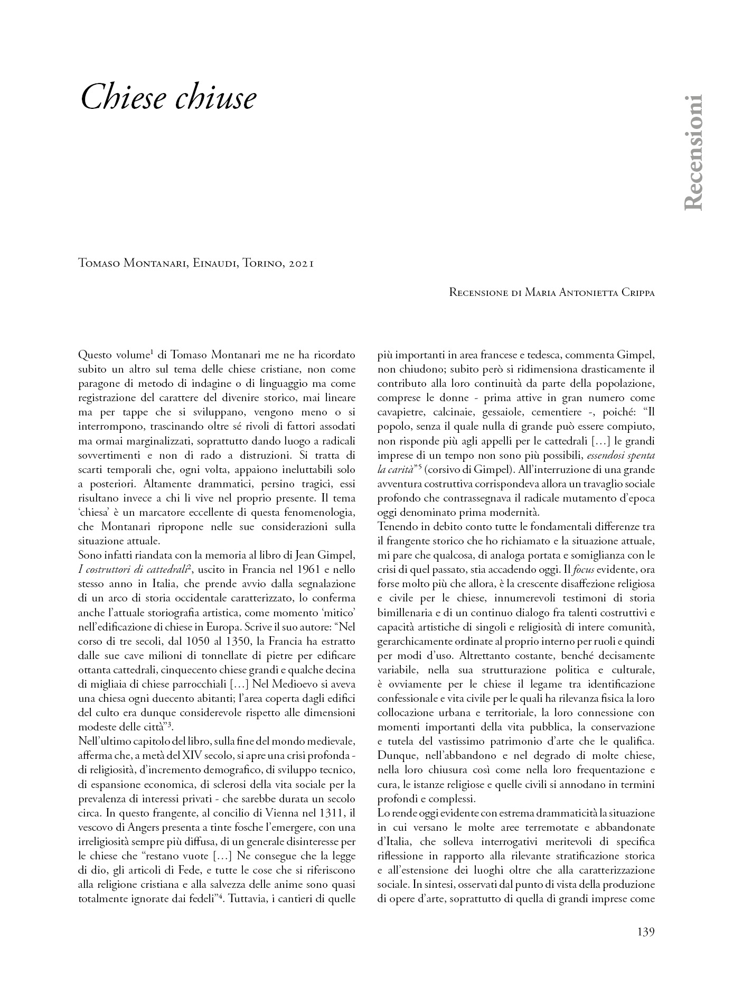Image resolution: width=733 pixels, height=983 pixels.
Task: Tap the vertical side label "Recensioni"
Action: click(693, 153)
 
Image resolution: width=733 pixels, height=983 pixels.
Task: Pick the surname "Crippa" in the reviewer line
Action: click(635, 292)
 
